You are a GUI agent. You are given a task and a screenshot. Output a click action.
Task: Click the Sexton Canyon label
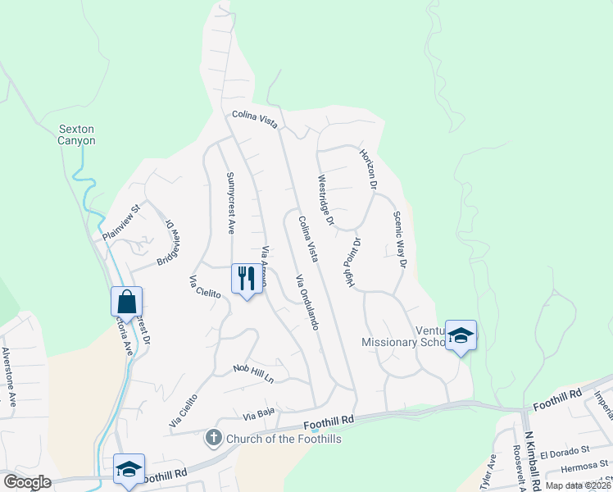tap(76, 134)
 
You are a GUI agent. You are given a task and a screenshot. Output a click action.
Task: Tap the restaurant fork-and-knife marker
tap(247, 279)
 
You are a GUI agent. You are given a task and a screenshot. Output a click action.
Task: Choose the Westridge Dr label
tap(325, 199)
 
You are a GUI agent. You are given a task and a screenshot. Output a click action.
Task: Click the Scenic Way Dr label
tap(399, 240)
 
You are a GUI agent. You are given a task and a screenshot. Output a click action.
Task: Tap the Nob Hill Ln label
tap(252, 373)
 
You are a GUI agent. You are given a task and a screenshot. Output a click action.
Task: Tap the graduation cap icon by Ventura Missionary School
tap(461, 335)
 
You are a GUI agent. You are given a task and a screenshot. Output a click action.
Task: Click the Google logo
tap(26, 482)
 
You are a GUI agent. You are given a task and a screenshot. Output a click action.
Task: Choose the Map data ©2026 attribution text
tap(578, 485)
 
